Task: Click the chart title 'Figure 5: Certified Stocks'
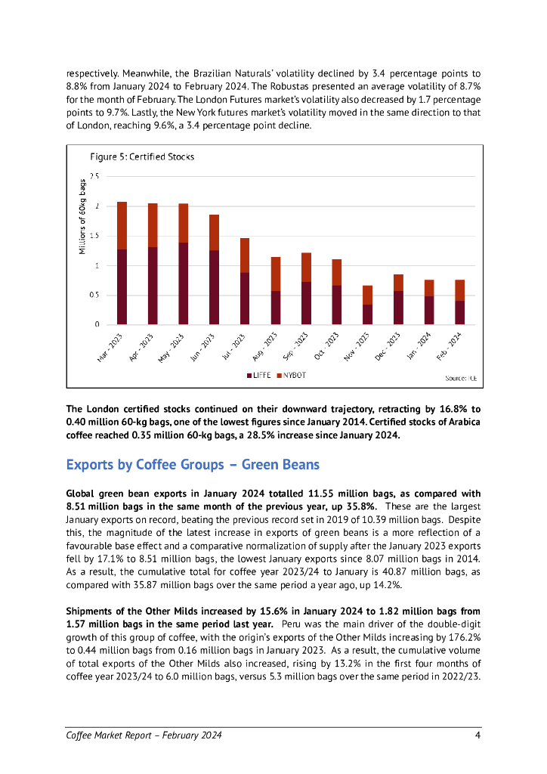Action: pyautogui.click(x=142, y=156)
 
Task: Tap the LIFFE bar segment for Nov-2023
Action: pyautogui.click(x=368, y=314)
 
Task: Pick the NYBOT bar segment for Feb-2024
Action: pyautogui.click(x=459, y=290)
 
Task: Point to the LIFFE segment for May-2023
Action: pyautogui.click(x=183, y=283)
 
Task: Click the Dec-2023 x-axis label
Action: pyautogui.click(x=390, y=345)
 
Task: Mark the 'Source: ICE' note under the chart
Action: pyautogui.click(x=461, y=376)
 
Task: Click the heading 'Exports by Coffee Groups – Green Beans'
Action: pyautogui.click(x=193, y=463)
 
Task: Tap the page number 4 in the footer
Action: pyautogui.click(x=477, y=735)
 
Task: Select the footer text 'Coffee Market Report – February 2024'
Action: pyautogui.click(x=144, y=735)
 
